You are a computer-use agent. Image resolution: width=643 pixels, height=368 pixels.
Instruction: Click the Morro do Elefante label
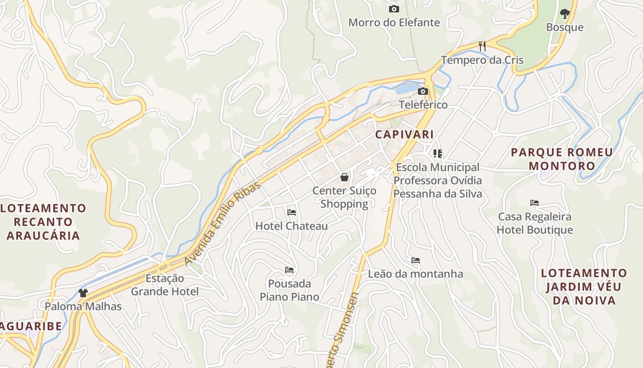tap(394, 22)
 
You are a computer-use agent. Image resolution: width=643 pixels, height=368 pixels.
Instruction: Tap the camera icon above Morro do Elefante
tap(394, 9)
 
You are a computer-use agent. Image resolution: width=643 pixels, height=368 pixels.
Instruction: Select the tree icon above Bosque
tap(564, 14)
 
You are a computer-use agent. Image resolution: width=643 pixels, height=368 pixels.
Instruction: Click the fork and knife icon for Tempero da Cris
tap(482, 46)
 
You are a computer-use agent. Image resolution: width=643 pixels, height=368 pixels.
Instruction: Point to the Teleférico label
tap(423, 104)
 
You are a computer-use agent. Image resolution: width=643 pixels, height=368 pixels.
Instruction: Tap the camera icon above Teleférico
tap(423, 91)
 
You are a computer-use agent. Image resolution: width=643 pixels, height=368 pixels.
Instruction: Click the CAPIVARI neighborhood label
tap(404, 134)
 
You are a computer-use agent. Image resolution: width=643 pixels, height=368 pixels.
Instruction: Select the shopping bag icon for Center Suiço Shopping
tap(344, 177)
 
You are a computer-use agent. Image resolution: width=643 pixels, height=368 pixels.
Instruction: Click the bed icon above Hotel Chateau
tap(291, 213)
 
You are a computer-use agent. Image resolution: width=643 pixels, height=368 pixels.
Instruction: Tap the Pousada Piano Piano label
tap(289, 290)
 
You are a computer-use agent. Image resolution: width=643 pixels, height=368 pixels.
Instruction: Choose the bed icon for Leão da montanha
tap(416, 260)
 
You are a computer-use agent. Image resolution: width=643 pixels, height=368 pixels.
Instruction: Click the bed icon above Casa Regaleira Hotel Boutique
tap(534, 202)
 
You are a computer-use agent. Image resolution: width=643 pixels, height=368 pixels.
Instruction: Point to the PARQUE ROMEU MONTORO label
tap(562, 159)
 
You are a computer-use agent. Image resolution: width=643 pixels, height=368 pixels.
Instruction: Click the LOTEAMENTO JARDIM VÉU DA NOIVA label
tap(584, 287)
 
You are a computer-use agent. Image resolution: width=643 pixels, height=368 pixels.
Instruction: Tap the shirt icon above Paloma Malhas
tap(83, 293)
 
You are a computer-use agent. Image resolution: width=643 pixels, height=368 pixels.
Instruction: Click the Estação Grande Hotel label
tap(165, 285)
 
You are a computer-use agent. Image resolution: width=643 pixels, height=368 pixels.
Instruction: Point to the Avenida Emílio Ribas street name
tap(222, 224)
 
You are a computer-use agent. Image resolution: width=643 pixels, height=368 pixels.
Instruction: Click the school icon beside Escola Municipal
tap(437, 153)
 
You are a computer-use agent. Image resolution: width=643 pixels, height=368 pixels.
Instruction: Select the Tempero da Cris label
tap(482, 60)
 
